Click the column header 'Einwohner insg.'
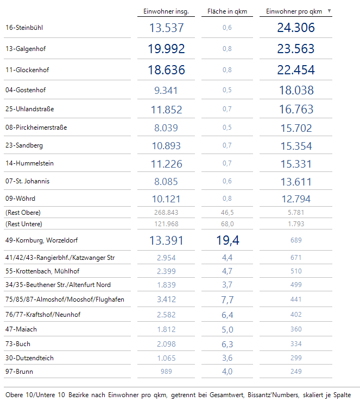pos(166,11)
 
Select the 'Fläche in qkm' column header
pos(227,11)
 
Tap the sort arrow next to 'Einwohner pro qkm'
pos(329,11)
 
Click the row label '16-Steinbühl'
pos(24,28)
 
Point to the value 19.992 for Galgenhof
pos(166,49)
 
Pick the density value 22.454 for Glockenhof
pos(296,70)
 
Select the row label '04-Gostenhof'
pos(26,90)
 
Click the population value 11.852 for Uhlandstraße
pos(166,110)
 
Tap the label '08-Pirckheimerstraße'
pos(36,127)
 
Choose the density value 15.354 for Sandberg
pos(296,146)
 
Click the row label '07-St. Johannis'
pos(28,181)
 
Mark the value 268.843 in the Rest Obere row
pos(166,213)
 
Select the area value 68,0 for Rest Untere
pos(228,224)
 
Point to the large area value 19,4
pos(228,240)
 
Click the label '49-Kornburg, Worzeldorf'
pos(42,240)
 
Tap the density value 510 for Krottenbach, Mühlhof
pos(296,271)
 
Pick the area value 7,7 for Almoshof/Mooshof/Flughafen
pos(228,299)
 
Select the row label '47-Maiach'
pos(21,329)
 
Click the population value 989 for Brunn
pos(166,372)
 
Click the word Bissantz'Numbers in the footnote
pos(273,395)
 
